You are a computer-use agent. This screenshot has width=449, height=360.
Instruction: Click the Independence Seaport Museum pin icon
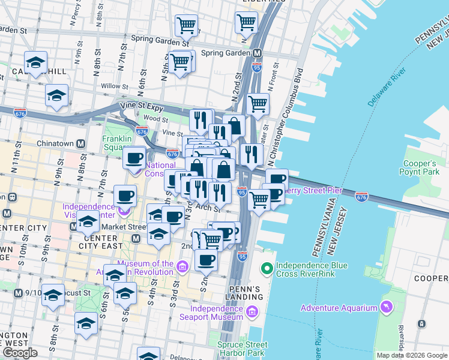click(251, 311)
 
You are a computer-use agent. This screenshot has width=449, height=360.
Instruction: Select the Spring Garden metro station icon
click(257, 53)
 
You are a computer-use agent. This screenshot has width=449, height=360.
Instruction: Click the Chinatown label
click(55, 144)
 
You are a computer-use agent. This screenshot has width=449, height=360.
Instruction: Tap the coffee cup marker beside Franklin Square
click(134, 158)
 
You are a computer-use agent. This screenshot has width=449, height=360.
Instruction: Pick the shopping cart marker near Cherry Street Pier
click(259, 199)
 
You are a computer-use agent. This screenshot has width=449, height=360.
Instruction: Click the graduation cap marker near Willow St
click(56, 95)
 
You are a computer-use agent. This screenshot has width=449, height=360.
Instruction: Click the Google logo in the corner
click(20, 353)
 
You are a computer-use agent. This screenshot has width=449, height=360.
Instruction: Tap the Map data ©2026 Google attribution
click(411, 355)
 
